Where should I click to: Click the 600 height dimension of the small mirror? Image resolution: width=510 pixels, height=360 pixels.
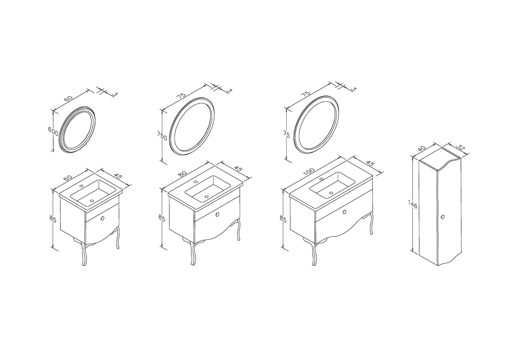53,131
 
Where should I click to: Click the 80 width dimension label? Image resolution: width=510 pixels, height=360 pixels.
182,173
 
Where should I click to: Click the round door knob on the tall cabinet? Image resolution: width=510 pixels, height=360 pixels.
442,217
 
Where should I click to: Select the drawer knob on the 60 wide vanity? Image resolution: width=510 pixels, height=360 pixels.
102,218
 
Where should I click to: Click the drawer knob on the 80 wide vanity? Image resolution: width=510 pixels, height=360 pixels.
217,214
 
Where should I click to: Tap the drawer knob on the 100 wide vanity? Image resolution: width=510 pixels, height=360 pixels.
345,212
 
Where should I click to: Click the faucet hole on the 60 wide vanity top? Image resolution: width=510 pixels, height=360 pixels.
81,186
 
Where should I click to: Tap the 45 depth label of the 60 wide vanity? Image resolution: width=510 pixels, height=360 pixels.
118,177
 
